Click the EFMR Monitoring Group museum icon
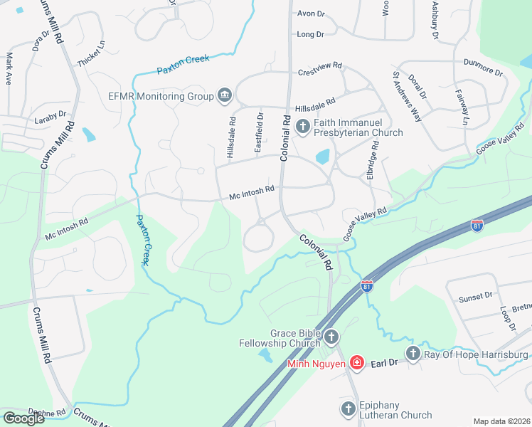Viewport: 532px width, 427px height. tap(225, 95)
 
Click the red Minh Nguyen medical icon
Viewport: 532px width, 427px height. tap(357, 364)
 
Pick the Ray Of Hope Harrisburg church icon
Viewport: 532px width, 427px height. tap(413, 354)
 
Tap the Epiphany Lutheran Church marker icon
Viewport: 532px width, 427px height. tap(348, 408)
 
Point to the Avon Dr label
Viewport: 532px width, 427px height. tap(310, 14)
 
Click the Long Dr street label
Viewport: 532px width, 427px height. tap(310, 34)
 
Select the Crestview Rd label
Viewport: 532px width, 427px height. tap(320, 65)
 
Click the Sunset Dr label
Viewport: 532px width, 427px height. tap(475, 296)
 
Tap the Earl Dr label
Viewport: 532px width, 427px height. tap(383, 363)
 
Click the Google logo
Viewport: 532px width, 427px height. tap(24, 418)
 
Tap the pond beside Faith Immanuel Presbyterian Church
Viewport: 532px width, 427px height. tap(323, 156)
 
